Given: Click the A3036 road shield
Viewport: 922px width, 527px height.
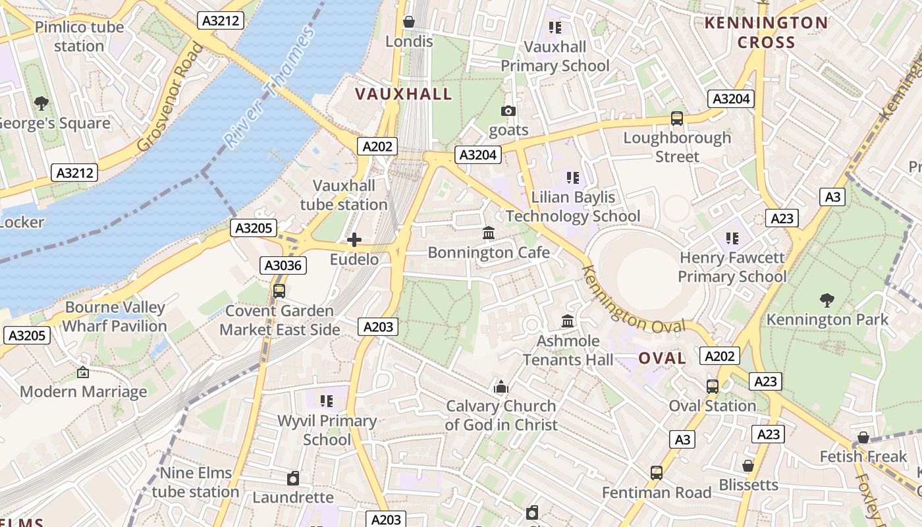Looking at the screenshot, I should tap(283, 265).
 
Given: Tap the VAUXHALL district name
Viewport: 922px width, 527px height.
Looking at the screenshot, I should tap(404, 94).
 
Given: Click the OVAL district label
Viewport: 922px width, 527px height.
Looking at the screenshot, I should tap(662, 358).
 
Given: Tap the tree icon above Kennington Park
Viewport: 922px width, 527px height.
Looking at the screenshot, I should tap(827, 300).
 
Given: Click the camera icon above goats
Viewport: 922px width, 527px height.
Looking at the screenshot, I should tap(508, 111).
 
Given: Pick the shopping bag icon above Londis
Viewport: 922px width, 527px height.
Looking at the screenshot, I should tap(409, 22).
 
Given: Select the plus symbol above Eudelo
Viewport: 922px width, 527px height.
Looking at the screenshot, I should tap(354, 240).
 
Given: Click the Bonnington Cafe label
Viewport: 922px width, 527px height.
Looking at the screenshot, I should tap(489, 252).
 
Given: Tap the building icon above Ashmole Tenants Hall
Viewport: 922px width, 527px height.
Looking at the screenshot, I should tap(568, 321).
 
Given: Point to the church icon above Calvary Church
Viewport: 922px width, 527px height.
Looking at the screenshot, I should tap(501, 387).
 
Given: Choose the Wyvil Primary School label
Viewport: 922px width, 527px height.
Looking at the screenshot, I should tap(327, 430).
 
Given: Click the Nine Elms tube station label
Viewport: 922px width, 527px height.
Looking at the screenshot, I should tap(196, 482).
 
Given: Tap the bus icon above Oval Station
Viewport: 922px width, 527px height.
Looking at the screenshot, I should tap(713, 387).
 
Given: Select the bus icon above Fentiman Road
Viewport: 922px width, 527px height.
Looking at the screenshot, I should tap(657, 472).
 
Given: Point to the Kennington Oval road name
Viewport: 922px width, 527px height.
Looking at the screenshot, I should tap(634, 300).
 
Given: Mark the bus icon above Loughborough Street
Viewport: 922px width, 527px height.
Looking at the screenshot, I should tap(677, 119).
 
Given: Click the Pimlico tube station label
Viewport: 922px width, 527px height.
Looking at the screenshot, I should tap(79, 37).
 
